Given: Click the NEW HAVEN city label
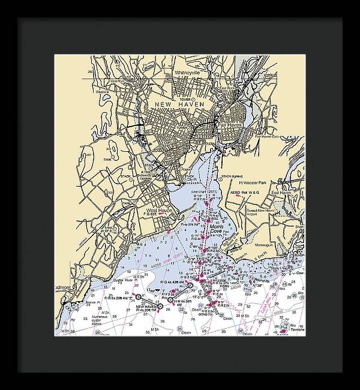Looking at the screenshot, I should pyautogui.click(x=179, y=104).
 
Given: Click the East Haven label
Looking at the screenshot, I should pyautogui.click(x=281, y=193).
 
